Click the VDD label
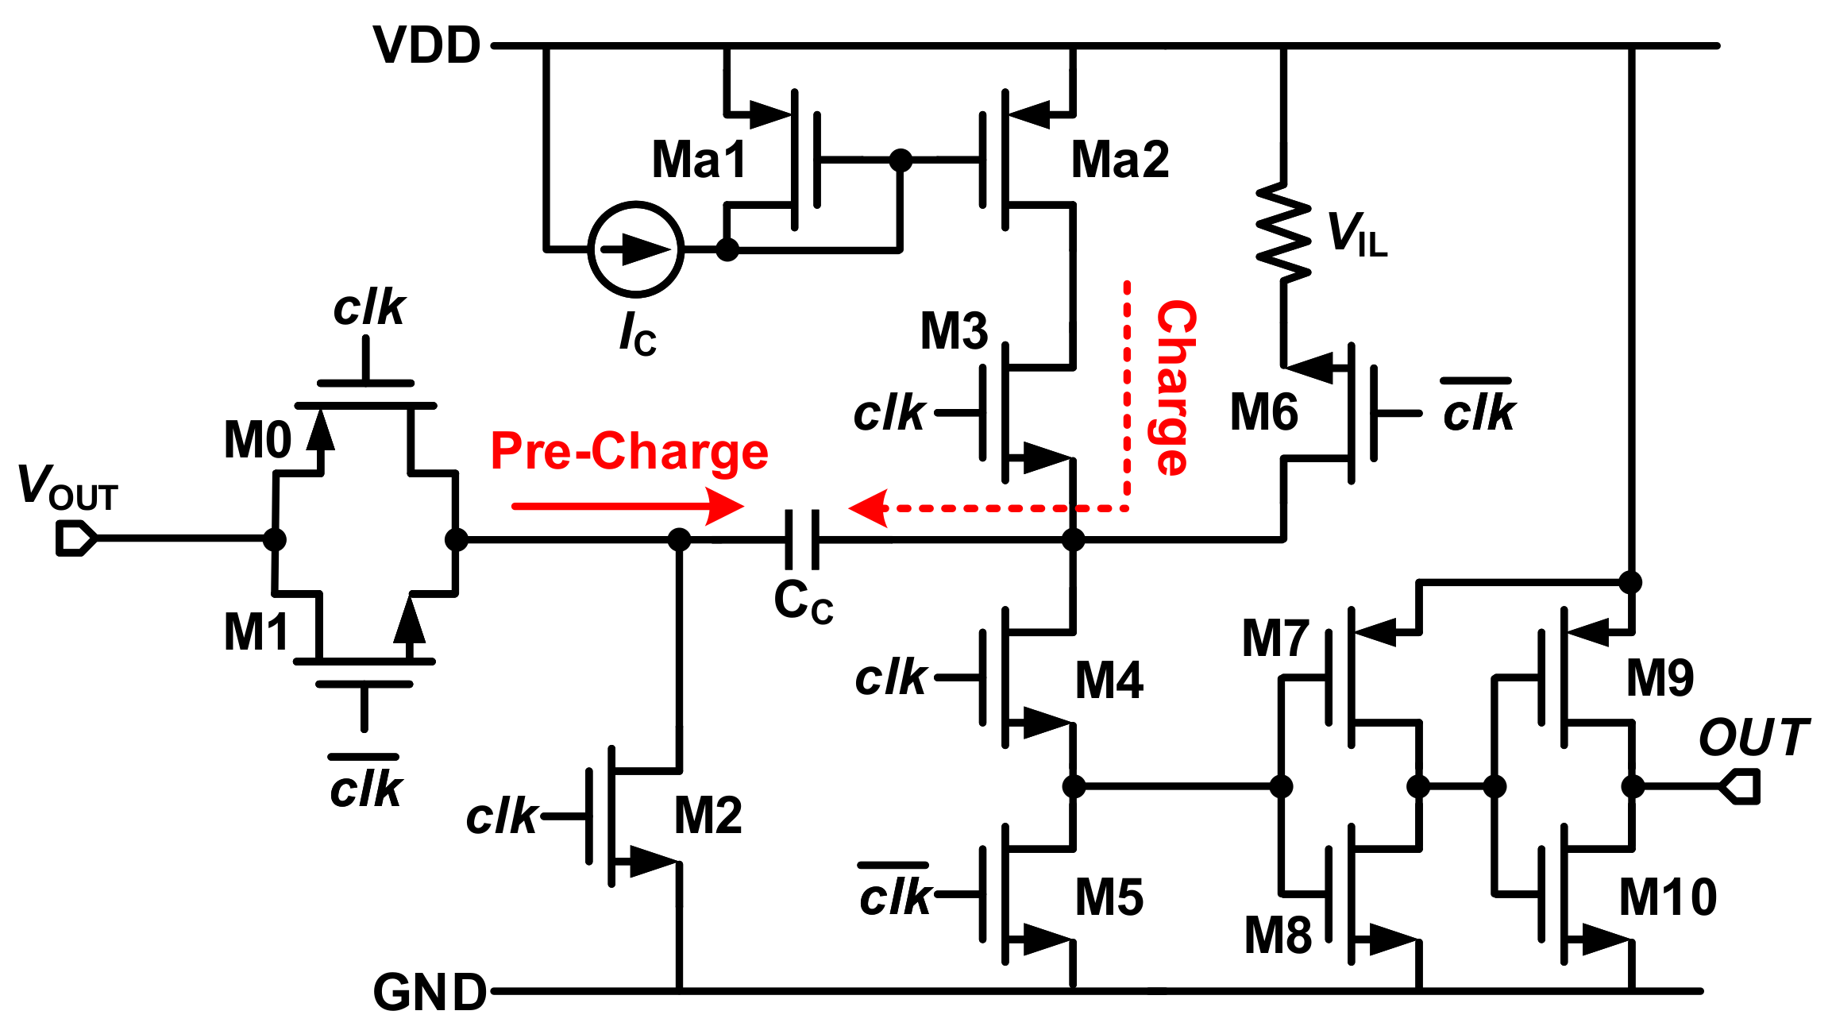(427, 46)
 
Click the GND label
(430, 993)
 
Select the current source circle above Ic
(635, 249)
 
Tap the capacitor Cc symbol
(802, 540)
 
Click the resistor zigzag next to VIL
(1282, 232)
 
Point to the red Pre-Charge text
(629, 451)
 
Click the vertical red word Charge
(1174, 388)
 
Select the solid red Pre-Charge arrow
(627, 506)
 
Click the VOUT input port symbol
(75, 539)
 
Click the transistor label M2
(708, 816)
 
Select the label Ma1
(699, 160)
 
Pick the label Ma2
(1120, 160)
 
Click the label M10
(1668, 897)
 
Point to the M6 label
(1263, 413)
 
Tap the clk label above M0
(369, 308)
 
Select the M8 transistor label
(1277, 936)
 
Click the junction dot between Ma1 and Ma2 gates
(901, 160)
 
